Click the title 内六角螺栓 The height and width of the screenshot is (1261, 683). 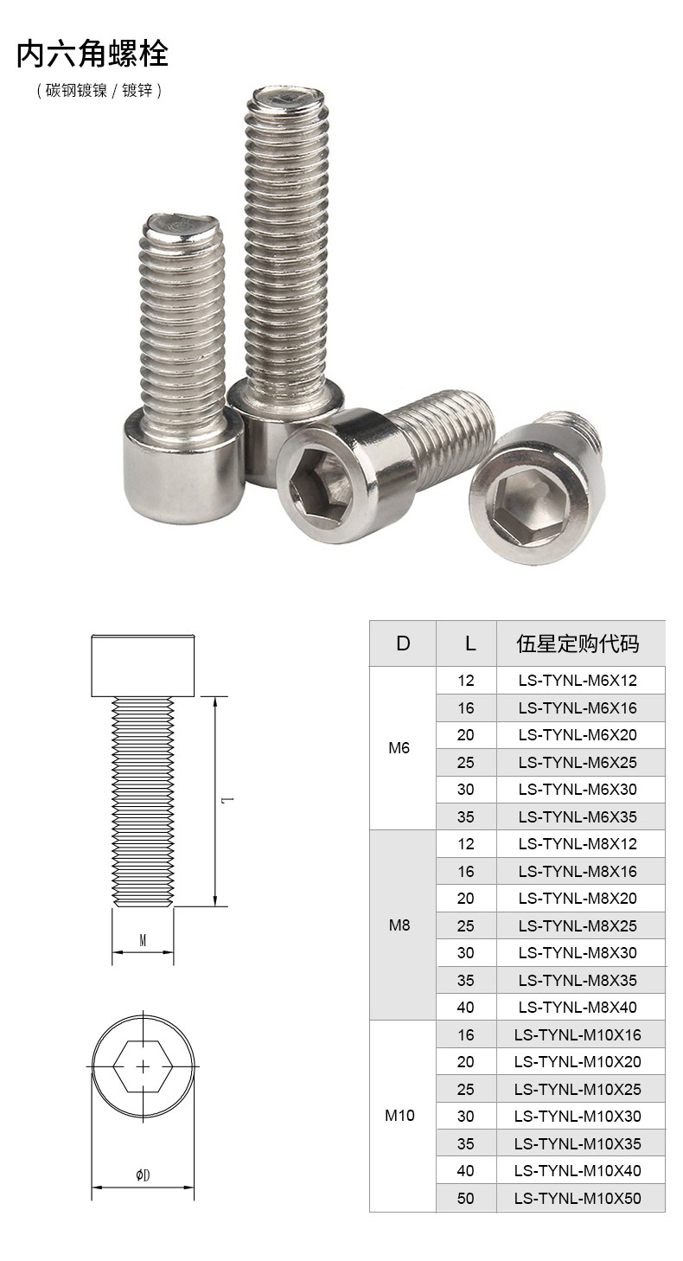93,54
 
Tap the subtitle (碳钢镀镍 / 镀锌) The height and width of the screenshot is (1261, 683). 99,90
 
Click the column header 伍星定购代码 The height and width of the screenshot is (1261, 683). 578,643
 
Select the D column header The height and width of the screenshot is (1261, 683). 403,643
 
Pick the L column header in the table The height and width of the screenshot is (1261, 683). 470,643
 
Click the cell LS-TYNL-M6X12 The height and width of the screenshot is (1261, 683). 578,680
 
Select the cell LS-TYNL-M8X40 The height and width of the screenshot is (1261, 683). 578,1007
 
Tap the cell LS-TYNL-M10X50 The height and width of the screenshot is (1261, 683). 578,1198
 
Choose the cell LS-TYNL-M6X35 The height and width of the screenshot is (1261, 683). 578,816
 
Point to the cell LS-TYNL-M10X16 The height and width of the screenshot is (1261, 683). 578,1034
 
